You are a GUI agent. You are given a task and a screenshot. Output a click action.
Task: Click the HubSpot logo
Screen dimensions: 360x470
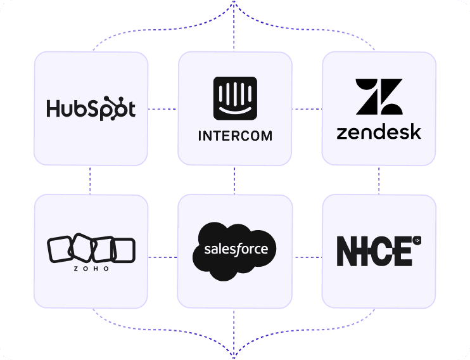pos(91,108)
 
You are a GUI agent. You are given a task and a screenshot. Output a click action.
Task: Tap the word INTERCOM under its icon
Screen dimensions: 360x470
pos(235,136)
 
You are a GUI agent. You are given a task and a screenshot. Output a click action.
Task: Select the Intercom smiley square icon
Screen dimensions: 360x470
pos(235,98)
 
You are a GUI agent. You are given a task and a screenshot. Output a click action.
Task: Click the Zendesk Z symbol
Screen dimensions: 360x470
pos(379,97)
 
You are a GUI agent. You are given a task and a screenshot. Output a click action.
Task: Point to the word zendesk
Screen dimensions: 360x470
pos(379,132)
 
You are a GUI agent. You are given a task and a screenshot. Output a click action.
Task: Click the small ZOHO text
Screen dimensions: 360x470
pos(91,269)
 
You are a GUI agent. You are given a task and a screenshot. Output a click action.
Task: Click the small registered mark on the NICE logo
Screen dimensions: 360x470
pos(417,240)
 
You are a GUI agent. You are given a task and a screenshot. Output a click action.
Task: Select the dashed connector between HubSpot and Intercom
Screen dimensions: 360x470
pos(163,109)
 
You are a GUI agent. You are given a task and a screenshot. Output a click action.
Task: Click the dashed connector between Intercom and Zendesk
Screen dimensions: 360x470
pos(307,109)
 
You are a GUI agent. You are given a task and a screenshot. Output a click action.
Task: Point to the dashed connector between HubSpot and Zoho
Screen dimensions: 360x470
pos(91,180)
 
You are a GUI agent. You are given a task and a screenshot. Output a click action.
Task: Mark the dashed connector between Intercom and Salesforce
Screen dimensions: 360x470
pos(235,180)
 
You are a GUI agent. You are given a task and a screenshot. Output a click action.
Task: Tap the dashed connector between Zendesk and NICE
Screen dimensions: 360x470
pos(379,180)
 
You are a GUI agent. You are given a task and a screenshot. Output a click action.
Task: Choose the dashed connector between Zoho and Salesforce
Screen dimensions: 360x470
pos(163,257)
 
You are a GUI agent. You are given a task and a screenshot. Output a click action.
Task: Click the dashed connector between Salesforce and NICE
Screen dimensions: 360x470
pos(307,257)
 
